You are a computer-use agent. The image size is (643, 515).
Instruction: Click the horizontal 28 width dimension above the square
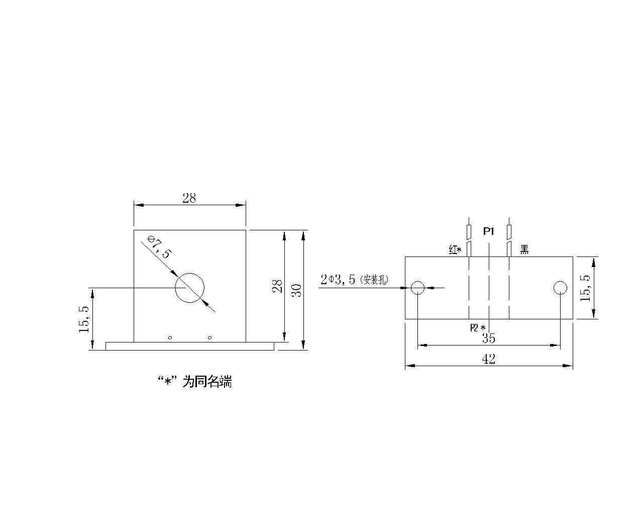click(189, 198)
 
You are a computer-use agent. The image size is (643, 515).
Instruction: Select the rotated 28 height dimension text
click(278, 286)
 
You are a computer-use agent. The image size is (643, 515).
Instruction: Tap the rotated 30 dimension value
click(296, 290)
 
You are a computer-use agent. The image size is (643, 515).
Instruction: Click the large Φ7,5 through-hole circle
click(189, 274)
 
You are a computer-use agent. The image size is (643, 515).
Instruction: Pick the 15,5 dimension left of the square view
click(84, 319)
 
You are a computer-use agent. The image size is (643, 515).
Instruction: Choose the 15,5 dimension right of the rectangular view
click(585, 288)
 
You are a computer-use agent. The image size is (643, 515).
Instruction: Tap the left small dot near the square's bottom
click(170, 338)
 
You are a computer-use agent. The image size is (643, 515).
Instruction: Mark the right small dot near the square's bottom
click(210, 338)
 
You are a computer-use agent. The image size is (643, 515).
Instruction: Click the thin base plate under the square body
click(190, 346)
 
